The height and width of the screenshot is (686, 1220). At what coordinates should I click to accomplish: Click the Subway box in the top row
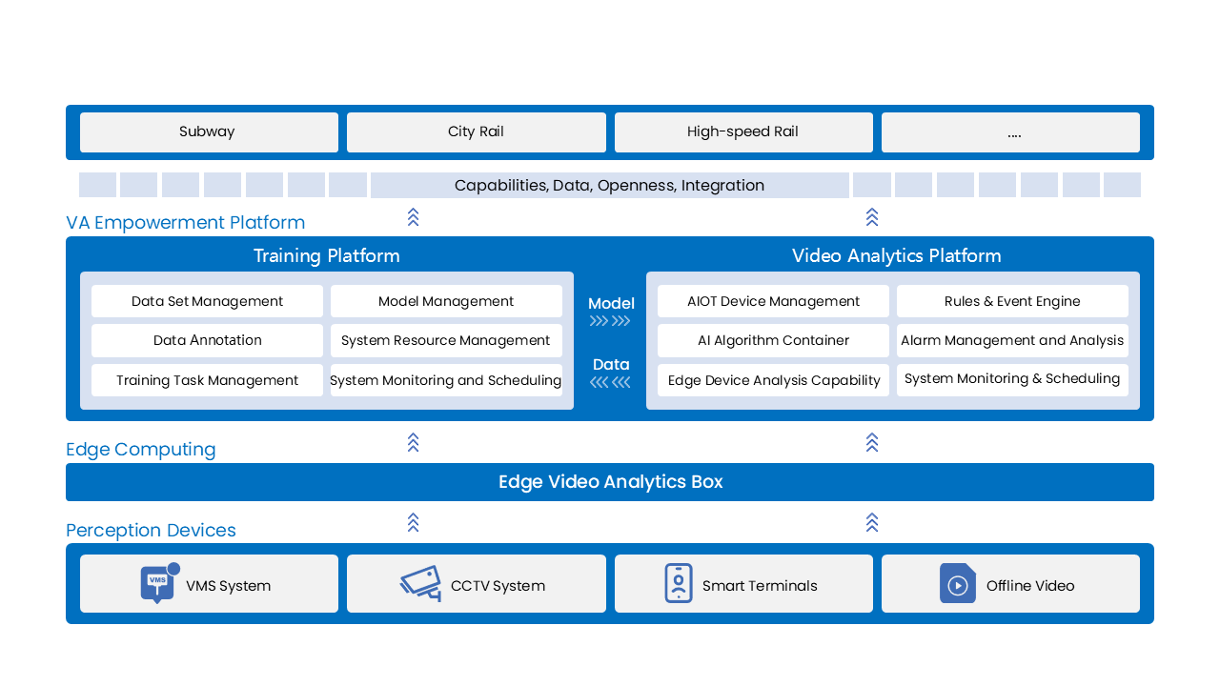pyautogui.click(x=209, y=132)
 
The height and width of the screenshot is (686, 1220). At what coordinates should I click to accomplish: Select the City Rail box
pyautogui.click(x=476, y=132)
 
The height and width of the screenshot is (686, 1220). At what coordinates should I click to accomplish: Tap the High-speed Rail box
pyautogui.click(x=742, y=132)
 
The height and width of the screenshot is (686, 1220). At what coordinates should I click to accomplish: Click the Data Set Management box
pyautogui.click(x=207, y=301)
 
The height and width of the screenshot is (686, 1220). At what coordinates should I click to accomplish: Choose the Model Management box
pyautogui.click(x=446, y=301)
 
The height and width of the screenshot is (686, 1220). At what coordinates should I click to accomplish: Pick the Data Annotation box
pyautogui.click(x=207, y=340)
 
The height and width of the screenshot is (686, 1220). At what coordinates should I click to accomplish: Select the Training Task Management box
pyautogui.click(x=207, y=380)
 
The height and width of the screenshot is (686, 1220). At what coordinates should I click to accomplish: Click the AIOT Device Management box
pyautogui.click(x=773, y=301)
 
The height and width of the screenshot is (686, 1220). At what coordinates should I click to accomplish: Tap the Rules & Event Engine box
pyautogui.click(x=1012, y=301)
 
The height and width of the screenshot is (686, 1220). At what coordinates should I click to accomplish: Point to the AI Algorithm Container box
pyautogui.click(x=773, y=340)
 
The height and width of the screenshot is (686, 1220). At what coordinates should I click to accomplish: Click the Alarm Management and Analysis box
pyautogui.click(x=1012, y=340)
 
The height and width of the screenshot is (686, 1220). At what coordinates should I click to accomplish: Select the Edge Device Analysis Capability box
pyautogui.click(x=773, y=380)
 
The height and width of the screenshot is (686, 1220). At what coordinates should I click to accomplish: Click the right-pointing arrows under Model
pyautogui.click(x=610, y=321)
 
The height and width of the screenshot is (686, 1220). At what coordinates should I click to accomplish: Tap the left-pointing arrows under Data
pyautogui.click(x=610, y=382)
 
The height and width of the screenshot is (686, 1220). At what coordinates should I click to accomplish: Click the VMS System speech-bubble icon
pyautogui.click(x=157, y=584)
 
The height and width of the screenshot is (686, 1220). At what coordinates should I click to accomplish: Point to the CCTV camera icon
pyautogui.click(x=420, y=583)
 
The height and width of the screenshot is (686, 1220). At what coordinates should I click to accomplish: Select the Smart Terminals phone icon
pyautogui.click(x=678, y=583)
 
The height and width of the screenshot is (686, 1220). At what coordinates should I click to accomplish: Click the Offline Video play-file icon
pyautogui.click(x=957, y=583)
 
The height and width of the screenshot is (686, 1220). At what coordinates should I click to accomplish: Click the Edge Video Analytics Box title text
pyautogui.click(x=610, y=482)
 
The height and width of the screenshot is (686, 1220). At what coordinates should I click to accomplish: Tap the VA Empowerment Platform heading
pyautogui.click(x=186, y=223)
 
